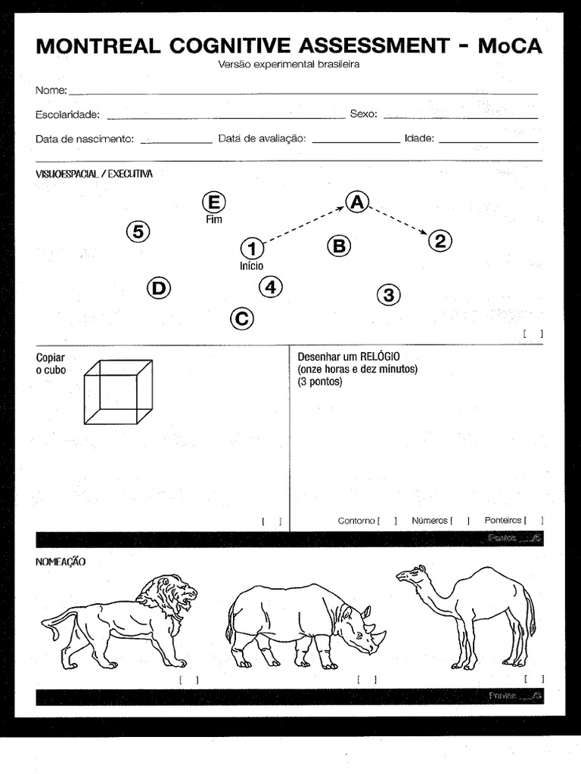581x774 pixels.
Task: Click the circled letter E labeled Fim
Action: [214, 203]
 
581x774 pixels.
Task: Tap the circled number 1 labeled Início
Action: [252, 248]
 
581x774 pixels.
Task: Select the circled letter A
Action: [357, 201]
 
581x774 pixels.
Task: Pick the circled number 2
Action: [440, 241]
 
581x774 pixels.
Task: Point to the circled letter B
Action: [339, 246]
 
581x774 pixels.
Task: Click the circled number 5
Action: [138, 231]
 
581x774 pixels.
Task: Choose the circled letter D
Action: [158, 288]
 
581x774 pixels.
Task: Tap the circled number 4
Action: [270, 287]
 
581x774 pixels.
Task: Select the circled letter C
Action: [241, 318]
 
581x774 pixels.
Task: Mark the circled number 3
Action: [388, 295]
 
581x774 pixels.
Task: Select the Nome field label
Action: [51, 91]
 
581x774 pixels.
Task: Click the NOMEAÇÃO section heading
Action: [61, 562]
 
